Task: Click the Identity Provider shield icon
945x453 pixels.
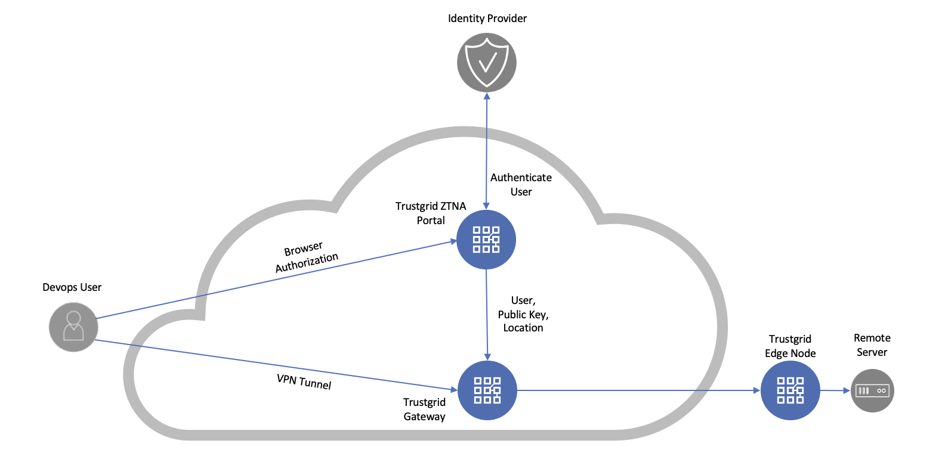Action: point(487,63)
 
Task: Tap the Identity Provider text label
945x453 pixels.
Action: point(487,18)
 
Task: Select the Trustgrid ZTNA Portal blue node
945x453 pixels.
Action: point(486,240)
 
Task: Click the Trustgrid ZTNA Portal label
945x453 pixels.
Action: point(431,213)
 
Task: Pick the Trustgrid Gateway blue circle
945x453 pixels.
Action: point(487,390)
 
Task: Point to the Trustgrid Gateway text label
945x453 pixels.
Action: point(424,409)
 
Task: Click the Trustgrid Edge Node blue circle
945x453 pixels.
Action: point(790,390)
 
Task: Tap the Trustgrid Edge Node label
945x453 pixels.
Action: point(790,346)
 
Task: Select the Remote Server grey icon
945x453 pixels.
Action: point(872,390)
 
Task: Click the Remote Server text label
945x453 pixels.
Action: point(872,345)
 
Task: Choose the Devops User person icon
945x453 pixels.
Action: point(73,327)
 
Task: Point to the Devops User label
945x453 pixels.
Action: point(72,287)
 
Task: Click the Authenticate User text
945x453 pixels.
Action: point(521,185)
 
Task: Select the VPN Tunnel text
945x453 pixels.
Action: point(304,381)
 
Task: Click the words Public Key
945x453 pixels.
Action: point(523,315)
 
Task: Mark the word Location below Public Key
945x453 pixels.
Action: point(523,328)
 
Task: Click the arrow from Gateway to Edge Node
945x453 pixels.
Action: point(638,390)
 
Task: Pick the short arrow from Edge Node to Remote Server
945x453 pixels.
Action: point(835,390)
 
